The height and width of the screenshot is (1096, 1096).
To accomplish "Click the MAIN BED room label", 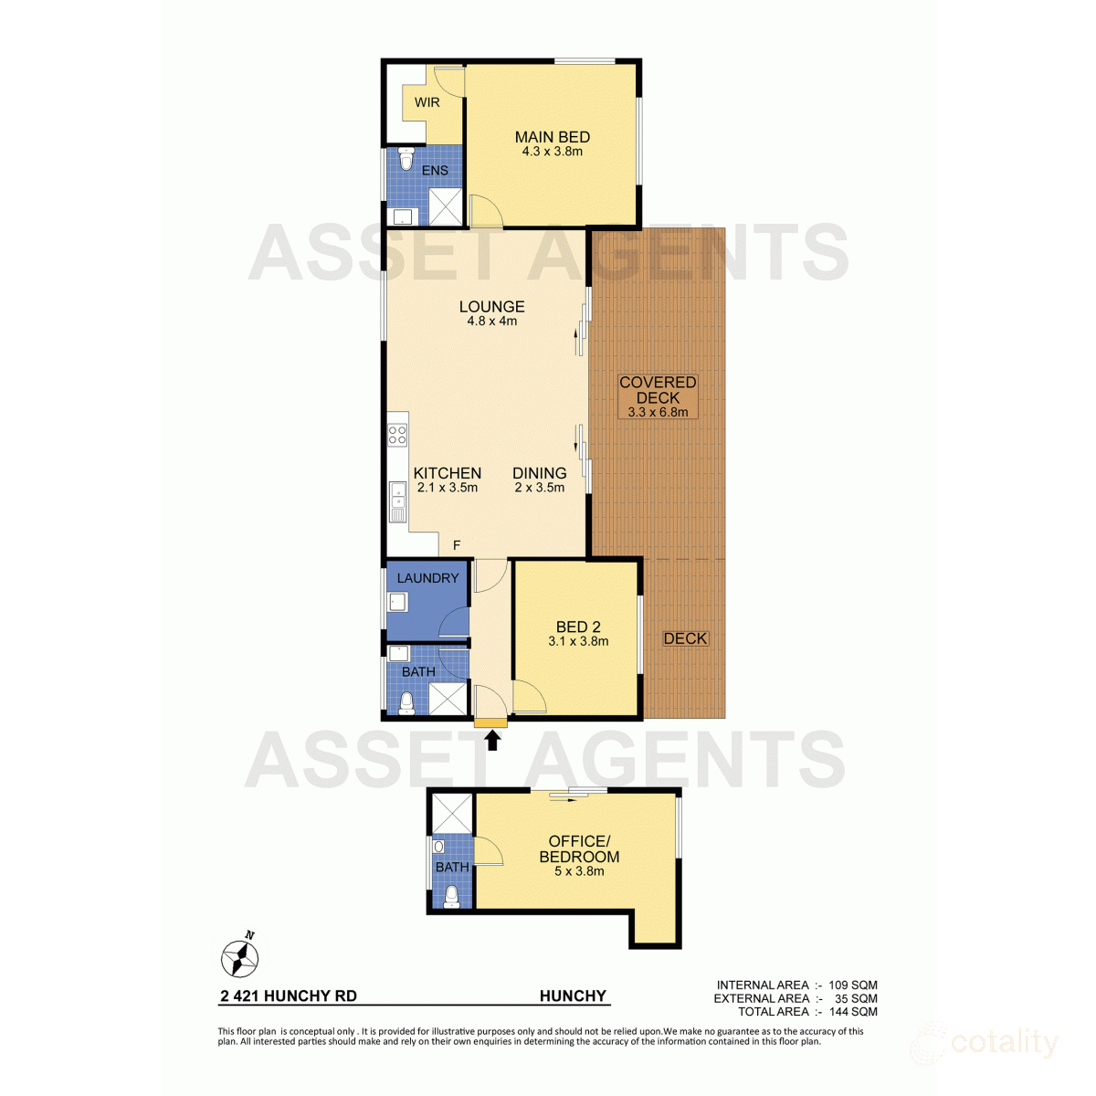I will (x=552, y=137).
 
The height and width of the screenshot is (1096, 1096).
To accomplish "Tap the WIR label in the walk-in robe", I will (x=427, y=102).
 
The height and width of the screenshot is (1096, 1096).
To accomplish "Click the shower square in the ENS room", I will (x=446, y=205).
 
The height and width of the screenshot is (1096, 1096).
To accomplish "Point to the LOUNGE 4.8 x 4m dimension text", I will (x=491, y=321).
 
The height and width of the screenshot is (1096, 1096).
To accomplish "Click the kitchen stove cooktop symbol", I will (x=397, y=434).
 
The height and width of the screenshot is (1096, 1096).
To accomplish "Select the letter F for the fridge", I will (x=457, y=545).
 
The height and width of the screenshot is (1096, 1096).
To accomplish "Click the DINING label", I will (x=539, y=473).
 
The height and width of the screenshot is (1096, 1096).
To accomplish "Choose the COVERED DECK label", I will (x=658, y=390).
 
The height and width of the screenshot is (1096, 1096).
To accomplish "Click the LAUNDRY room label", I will (x=427, y=578).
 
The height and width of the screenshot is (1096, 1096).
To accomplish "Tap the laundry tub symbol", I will (x=397, y=602).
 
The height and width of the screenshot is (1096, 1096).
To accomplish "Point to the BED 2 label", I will (x=578, y=627).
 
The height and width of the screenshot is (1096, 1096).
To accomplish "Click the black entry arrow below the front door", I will (x=492, y=740).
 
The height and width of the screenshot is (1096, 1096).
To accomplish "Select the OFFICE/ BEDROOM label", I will (x=579, y=848).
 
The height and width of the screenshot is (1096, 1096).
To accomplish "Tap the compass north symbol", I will (x=240, y=957).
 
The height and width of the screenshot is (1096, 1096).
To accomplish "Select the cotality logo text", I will (x=1004, y=1042).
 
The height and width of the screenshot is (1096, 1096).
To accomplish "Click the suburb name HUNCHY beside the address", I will (x=573, y=996).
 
